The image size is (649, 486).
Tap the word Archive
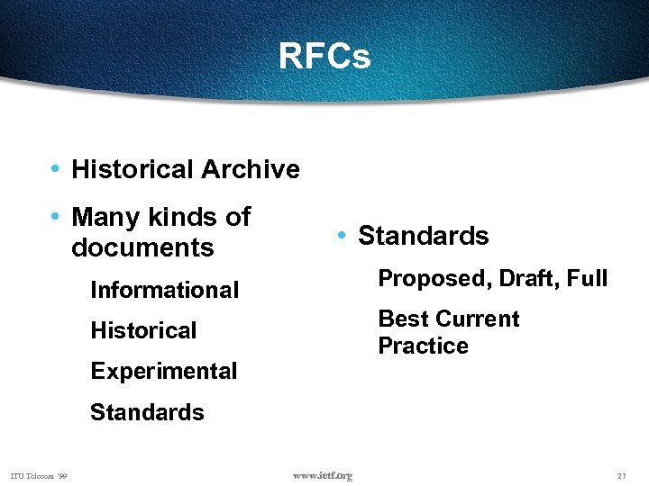click(x=251, y=169)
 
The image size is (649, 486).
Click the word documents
click(x=142, y=247)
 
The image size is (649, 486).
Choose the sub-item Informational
click(x=165, y=290)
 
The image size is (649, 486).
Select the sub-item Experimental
click(x=164, y=371)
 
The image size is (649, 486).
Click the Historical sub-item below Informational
click(x=143, y=330)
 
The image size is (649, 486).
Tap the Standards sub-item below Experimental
click(x=147, y=412)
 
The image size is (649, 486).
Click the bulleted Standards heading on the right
click(x=423, y=236)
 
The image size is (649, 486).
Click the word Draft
click(x=520, y=279)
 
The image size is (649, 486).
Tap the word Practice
click(x=423, y=346)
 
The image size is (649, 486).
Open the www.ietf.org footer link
click(x=323, y=475)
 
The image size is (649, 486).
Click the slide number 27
click(x=621, y=475)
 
